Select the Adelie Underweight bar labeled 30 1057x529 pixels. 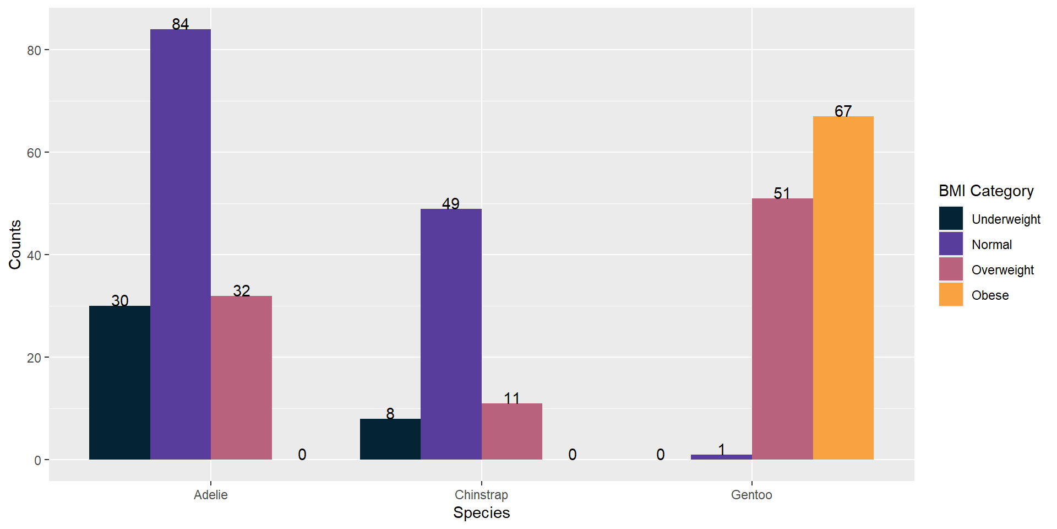pyautogui.click(x=119, y=382)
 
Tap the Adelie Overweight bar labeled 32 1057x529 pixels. pyautogui.click(x=241, y=377)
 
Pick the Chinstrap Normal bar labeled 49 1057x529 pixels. pyautogui.click(x=451, y=334)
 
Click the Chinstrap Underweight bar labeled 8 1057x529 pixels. pyautogui.click(x=390, y=439)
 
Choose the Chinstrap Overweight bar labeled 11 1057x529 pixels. pyautogui.click(x=511, y=431)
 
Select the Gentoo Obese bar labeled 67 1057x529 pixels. pyautogui.click(x=843, y=288)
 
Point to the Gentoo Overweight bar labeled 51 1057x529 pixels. pyautogui.click(x=782, y=329)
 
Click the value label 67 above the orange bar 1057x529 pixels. pyautogui.click(x=843, y=111)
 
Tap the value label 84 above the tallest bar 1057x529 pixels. pyautogui.click(x=180, y=24)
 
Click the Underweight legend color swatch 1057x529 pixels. pyautogui.click(x=951, y=218)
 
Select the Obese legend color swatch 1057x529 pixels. pyautogui.click(x=951, y=294)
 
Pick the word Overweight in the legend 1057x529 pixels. pyautogui.click(x=1002, y=270)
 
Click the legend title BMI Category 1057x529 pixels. pyautogui.click(x=986, y=191)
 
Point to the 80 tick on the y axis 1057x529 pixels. pyautogui.click(x=34, y=50)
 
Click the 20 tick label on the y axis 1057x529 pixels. pyautogui.click(x=34, y=358)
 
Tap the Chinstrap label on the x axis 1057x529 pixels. pyautogui.click(x=481, y=495)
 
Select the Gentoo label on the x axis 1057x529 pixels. pyautogui.click(x=751, y=495)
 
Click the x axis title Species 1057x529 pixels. pyautogui.click(x=481, y=513)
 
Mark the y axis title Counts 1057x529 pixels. pyautogui.click(x=15, y=245)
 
